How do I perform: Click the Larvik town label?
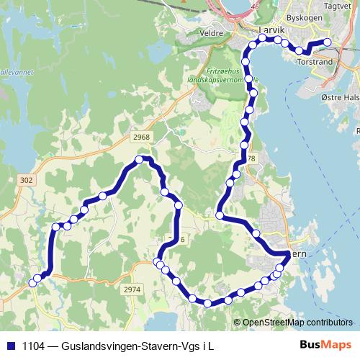271,31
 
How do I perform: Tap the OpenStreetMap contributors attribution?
297,322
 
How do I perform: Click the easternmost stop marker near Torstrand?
328,42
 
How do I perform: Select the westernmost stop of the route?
32,282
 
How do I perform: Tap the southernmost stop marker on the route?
208,303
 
